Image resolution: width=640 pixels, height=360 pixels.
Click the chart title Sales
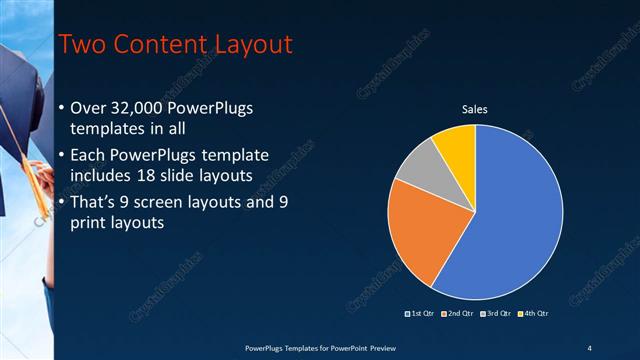tap(474, 109)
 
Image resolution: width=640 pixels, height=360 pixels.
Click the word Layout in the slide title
tap(250, 44)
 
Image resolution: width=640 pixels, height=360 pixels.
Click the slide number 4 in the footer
tap(589, 347)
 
